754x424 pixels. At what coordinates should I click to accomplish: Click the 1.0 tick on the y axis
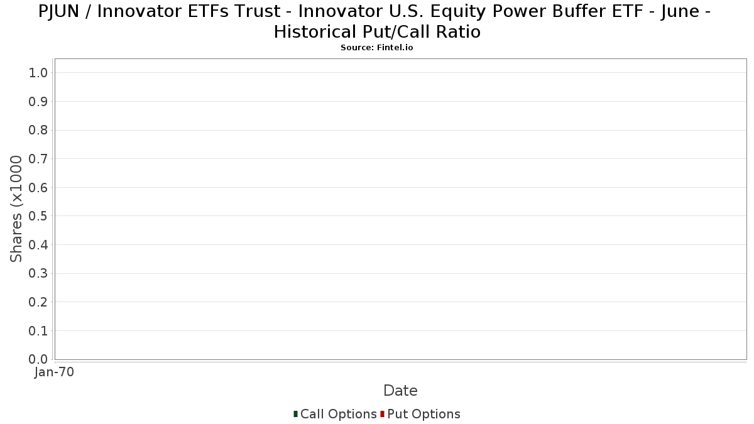click(38, 73)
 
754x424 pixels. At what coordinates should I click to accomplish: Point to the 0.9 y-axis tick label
click(38, 102)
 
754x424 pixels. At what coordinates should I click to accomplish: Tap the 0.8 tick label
click(38, 130)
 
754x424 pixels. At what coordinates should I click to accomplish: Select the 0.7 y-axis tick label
click(38, 159)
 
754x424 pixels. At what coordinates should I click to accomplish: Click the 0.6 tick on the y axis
click(38, 187)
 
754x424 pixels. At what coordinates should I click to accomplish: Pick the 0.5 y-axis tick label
click(38, 216)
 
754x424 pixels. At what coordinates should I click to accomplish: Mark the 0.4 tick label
click(38, 245)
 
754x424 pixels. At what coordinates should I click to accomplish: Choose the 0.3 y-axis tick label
click(38, 274)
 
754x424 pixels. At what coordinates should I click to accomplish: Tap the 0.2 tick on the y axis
click(38, 302)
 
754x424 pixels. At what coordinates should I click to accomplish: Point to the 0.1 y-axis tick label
click(38, 331)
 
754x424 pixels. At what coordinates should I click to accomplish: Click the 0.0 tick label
click(38, 359)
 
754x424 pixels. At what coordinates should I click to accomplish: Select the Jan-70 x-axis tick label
click(54, 372)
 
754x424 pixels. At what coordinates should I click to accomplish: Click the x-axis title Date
click(401, 391)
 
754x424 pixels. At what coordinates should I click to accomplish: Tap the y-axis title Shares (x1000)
click(16, 209)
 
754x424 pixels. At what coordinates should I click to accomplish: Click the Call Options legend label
click(338, 414)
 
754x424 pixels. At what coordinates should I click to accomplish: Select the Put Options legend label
click(423, 414)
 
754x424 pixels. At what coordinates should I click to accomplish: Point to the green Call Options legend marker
click(295, 414)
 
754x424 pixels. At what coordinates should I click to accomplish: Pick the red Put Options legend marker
click(383, 414)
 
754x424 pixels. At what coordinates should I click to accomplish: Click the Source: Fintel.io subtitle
click(376, 48)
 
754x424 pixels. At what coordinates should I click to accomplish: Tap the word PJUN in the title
click(58, 12)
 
